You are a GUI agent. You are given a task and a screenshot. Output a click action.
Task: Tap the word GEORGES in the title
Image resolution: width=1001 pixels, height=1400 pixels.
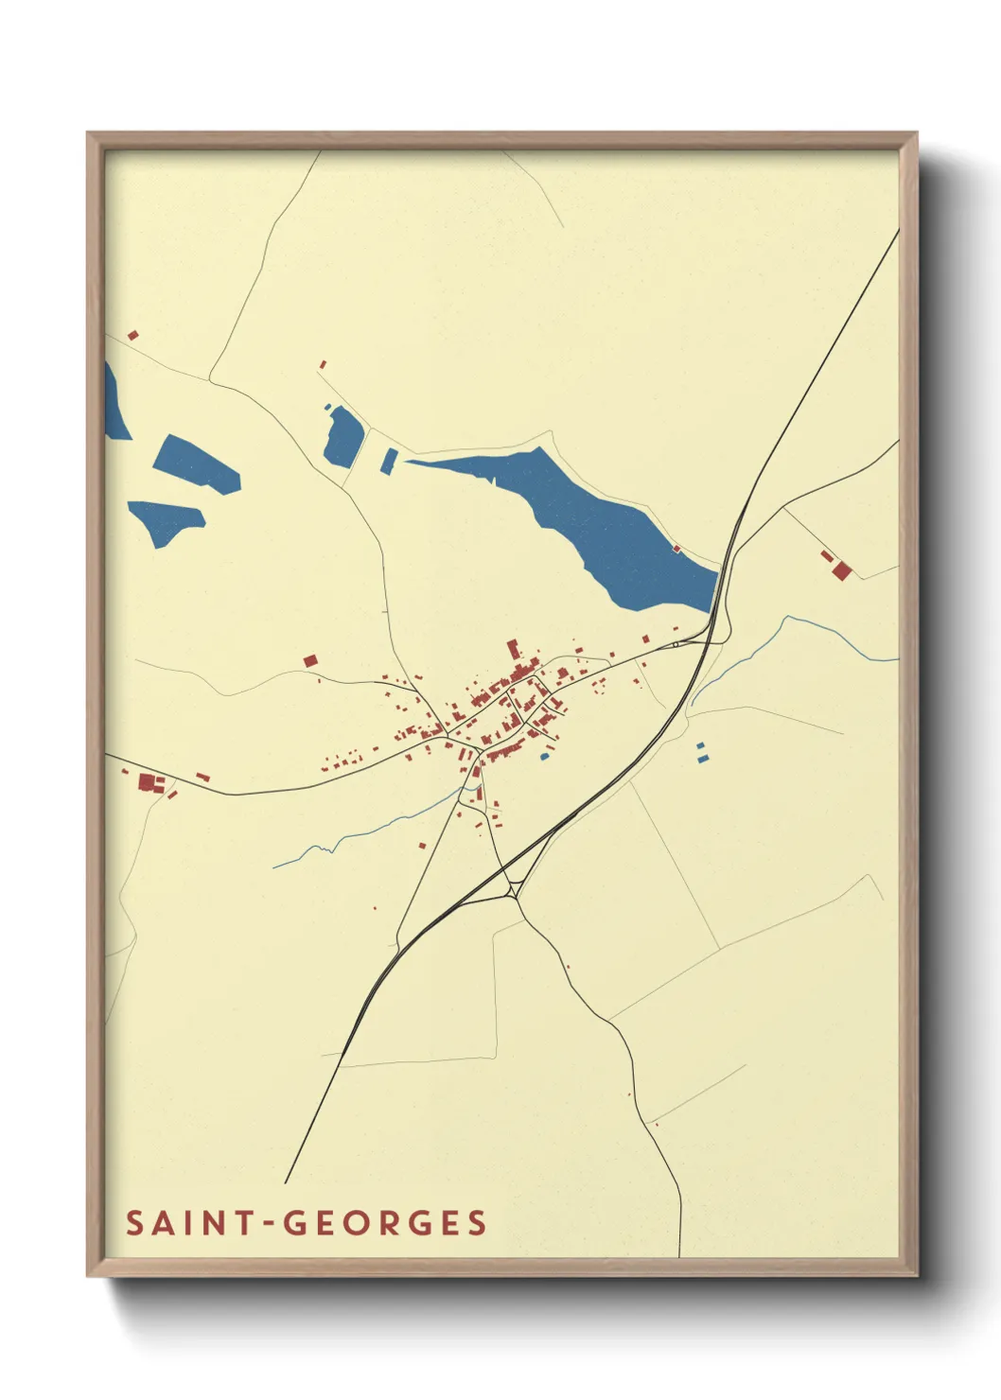click(x=385, y=1223)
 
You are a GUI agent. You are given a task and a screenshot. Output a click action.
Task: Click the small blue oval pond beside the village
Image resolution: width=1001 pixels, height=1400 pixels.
click(x=544, y=756)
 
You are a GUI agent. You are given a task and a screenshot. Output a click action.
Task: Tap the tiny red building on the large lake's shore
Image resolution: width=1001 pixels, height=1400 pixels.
click(x=676, y=548)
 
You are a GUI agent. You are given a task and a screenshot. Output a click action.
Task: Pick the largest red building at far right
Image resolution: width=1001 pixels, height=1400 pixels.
click(x=841, y=570)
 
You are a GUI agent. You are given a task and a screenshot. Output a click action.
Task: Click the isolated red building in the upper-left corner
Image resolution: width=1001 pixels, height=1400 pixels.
click(x=133, y=335)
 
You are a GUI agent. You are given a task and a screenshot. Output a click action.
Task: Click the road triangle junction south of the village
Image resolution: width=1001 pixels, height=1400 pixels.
click(x=515, y=888)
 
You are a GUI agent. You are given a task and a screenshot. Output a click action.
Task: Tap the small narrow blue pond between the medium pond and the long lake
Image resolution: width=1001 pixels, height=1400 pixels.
click(x=389, y=460)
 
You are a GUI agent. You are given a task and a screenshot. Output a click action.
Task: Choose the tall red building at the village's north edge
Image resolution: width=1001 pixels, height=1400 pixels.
click(x=514, y=649)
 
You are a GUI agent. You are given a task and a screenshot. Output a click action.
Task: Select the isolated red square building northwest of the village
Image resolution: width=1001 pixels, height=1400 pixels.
click(x=309, y=660)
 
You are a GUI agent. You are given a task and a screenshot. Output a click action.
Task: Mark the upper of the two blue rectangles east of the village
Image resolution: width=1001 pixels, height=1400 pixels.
click(x=701, y=746)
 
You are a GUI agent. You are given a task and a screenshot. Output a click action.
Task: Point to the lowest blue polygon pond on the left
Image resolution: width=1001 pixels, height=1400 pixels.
click(x=166, y=520)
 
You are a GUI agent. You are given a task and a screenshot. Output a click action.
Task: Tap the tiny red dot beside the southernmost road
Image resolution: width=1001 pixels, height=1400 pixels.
click(x=656, y=1124)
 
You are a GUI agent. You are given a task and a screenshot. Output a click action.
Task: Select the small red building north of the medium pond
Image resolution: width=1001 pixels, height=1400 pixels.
click(x=323, y=364)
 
